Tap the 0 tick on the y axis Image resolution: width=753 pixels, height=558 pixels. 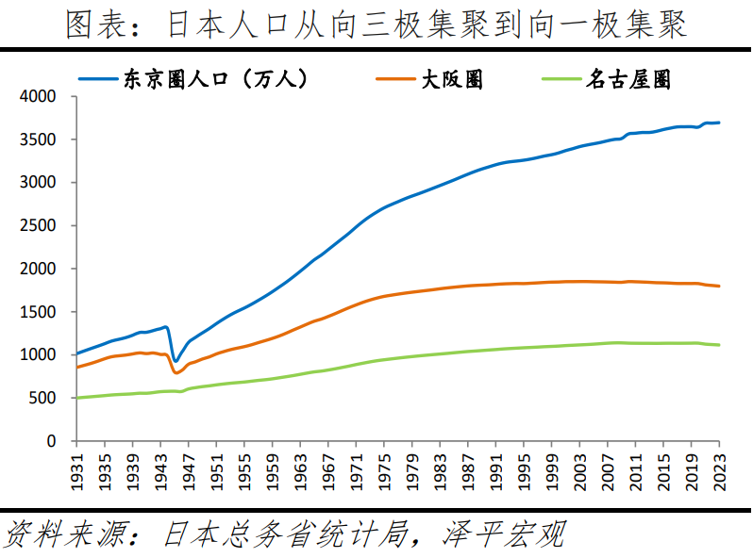51,441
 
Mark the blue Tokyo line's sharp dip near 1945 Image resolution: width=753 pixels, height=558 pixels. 175,361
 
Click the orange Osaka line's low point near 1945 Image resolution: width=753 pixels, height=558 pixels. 176,373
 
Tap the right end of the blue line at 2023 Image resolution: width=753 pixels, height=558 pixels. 719,123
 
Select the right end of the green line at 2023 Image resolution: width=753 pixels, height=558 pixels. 719,345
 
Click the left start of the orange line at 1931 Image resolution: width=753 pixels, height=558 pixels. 77,368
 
